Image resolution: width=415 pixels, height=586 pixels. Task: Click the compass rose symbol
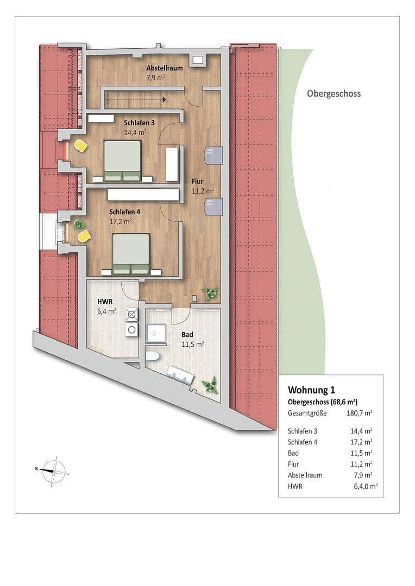coord(53,467)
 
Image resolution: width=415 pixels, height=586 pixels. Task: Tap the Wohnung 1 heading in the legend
coord(311,390)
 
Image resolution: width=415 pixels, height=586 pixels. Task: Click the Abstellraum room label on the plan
coord(164,68)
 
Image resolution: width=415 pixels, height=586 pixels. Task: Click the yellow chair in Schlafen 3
coord(80,146)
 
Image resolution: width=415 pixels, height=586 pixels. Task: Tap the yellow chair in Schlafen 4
coord(84,235)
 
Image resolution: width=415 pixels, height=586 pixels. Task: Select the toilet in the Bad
coord(152,356)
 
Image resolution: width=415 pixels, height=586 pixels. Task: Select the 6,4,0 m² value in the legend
coord(365,487)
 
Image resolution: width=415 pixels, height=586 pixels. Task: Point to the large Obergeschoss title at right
coord(334,93)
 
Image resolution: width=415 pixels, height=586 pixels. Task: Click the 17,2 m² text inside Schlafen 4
coord(121,221)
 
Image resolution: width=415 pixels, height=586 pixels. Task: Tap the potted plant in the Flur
coord(209,293)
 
